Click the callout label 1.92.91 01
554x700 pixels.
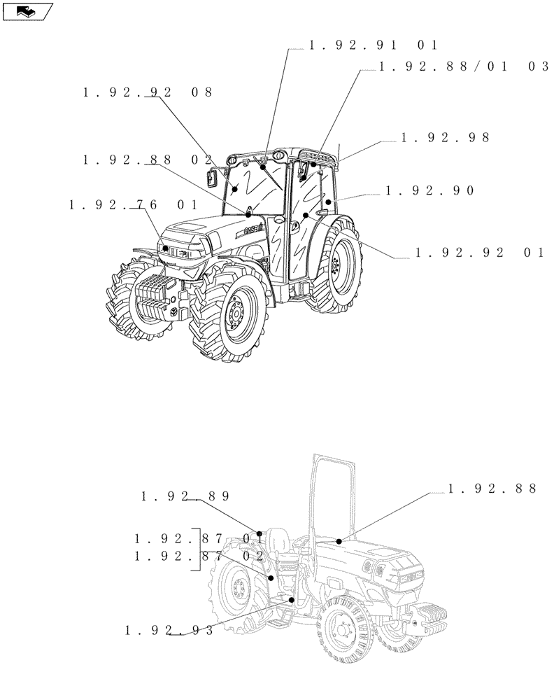[374, 45]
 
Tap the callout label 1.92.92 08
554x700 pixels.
[148, 92]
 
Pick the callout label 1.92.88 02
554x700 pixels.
[148, 160]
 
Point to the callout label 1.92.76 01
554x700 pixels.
[133, 204]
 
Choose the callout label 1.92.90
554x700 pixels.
[430, 190]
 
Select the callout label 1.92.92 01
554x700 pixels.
[480, 253]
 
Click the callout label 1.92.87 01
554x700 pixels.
[199, 538]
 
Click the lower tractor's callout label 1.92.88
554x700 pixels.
[492, 489]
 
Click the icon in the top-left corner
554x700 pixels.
[27, 10]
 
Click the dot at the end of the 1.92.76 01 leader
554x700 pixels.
[166, 248]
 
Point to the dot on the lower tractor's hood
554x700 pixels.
[339, 541]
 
